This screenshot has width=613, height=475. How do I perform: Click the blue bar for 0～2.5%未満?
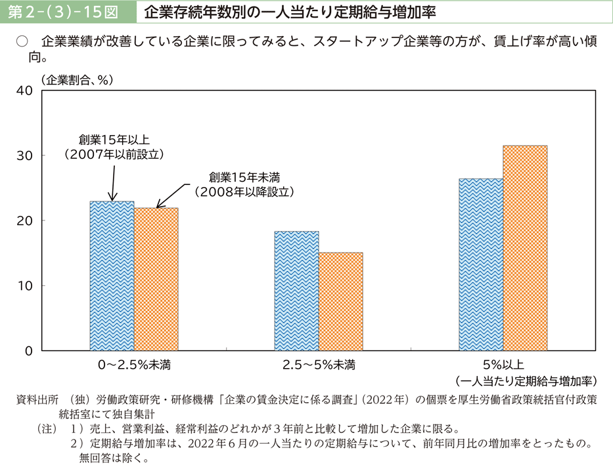coord(112,276)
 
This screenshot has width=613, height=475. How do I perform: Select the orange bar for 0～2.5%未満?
coord(156,279)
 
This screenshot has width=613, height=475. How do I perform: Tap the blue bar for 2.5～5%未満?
coord(296,291)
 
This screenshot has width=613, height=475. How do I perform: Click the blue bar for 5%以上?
coord(481,265)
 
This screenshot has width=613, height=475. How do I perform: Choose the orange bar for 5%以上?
coord(525,248)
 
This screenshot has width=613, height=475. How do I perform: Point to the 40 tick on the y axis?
coord(24,90)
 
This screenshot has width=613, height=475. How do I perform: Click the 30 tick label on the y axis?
coord(24,155)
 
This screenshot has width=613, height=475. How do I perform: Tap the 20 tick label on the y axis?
coord(24,220)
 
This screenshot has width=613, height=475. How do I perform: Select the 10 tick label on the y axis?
coord(24,286)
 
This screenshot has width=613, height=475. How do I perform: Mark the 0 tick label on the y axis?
coord(28,351)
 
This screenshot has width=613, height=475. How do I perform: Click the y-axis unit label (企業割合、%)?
coord(78,79)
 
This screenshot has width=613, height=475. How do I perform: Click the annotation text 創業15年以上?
coord(114,140)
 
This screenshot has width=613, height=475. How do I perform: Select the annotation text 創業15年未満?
coord(244,177)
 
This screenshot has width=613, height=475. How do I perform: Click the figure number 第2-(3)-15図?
coord(65,12)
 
